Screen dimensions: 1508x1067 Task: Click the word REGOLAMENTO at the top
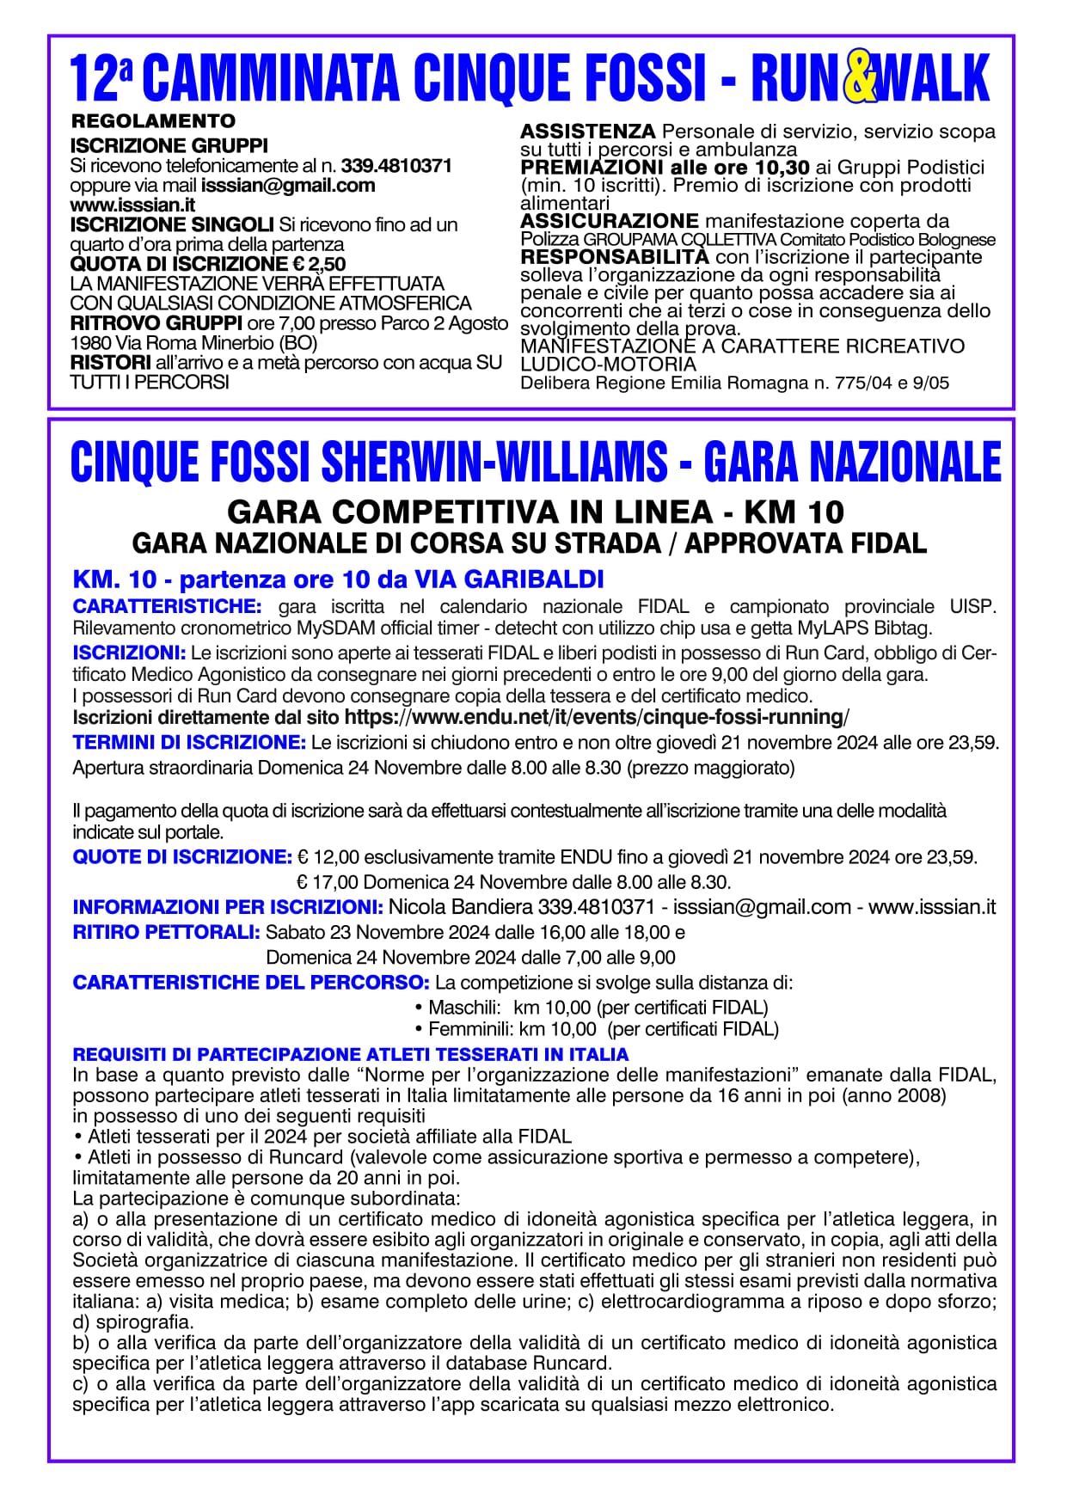(x=152, y=121)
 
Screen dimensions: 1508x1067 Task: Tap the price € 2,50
(x=322, y=264)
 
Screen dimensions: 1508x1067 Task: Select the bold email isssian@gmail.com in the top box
(x=288, y=186)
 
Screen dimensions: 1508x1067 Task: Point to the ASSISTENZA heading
(x=587, y=132)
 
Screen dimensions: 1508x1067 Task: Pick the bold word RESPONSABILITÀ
(x=615, y=257)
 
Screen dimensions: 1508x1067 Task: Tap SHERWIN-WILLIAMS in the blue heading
(x=494, y=462)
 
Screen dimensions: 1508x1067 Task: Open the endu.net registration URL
(x=596, y=718)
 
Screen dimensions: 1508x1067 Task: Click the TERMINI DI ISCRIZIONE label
(x=189, y=742)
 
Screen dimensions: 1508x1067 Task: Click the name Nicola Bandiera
(x=460, y=907)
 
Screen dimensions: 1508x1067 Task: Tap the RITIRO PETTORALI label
(x=166, y=932)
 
